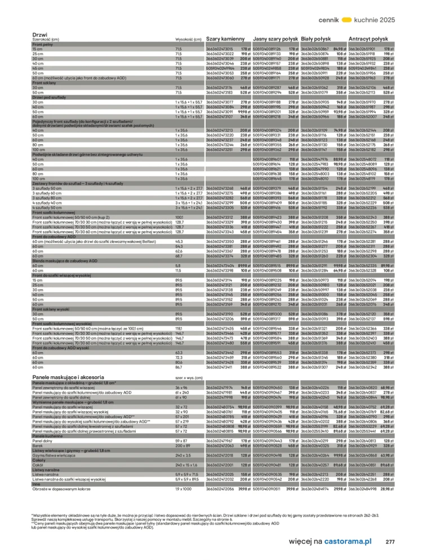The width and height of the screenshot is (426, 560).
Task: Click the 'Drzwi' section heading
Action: point(40,34)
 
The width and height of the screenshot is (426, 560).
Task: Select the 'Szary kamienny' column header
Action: point(225,39)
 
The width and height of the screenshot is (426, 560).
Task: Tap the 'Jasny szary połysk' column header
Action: point(276,39)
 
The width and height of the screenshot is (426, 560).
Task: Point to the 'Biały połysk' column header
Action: point(316,39)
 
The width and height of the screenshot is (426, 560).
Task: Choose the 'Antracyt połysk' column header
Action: point(368,39)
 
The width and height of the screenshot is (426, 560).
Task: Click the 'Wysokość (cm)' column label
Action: point(188,39)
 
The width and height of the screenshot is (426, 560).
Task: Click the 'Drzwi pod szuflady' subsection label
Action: point(50,97)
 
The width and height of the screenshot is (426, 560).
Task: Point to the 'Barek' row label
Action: point(39,445)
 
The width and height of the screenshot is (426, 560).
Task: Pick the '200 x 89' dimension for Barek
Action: point(183,445)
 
